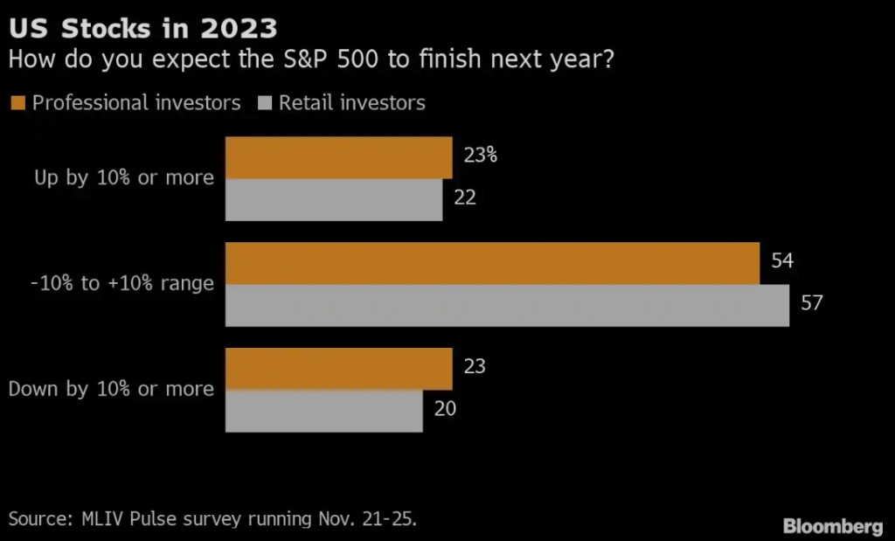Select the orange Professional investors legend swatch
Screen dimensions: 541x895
17,103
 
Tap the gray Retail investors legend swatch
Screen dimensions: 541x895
265,103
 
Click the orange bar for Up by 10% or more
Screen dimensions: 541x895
338,158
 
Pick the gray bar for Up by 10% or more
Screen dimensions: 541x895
334,200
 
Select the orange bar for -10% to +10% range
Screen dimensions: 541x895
492,264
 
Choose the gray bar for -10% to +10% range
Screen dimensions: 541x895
507,306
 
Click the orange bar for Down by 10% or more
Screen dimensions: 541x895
338,369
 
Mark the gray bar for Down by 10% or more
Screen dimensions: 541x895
323,411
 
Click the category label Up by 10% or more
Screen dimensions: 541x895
124,177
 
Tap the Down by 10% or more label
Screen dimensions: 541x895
111,389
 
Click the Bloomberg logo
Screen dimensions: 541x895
833,526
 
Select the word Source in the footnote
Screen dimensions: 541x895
37,518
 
